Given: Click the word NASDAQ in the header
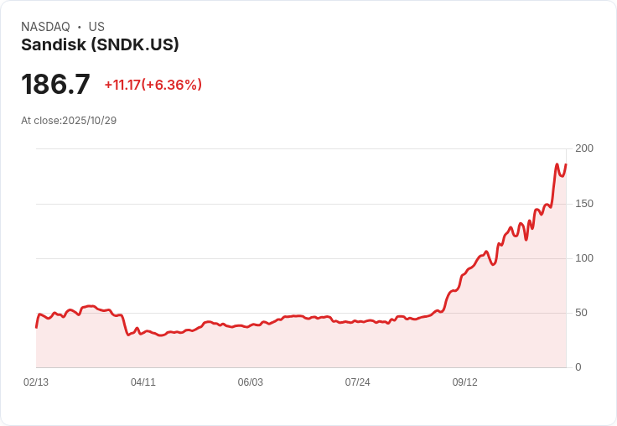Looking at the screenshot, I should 45,27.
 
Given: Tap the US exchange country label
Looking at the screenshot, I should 96,27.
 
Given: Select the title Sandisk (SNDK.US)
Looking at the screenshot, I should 100,45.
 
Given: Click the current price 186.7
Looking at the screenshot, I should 55,85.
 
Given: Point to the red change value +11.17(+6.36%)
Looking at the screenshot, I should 153,85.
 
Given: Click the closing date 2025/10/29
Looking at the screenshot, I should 89,121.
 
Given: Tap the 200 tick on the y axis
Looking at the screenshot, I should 583,148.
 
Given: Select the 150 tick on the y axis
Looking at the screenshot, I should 583,204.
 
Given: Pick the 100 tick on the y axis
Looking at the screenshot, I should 583,258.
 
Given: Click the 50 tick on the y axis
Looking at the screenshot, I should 581,313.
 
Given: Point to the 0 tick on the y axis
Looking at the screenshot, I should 578,367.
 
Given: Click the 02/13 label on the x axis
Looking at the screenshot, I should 36,382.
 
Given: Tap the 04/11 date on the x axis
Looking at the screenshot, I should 143,382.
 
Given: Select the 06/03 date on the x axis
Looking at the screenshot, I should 251,382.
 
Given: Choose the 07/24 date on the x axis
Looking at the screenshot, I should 358,382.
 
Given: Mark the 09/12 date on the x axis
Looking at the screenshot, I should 465,382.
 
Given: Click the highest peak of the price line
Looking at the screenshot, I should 557,164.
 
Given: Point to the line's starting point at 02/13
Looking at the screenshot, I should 36,327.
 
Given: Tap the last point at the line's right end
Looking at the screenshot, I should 566,164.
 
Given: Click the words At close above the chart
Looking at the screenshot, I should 40,121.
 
